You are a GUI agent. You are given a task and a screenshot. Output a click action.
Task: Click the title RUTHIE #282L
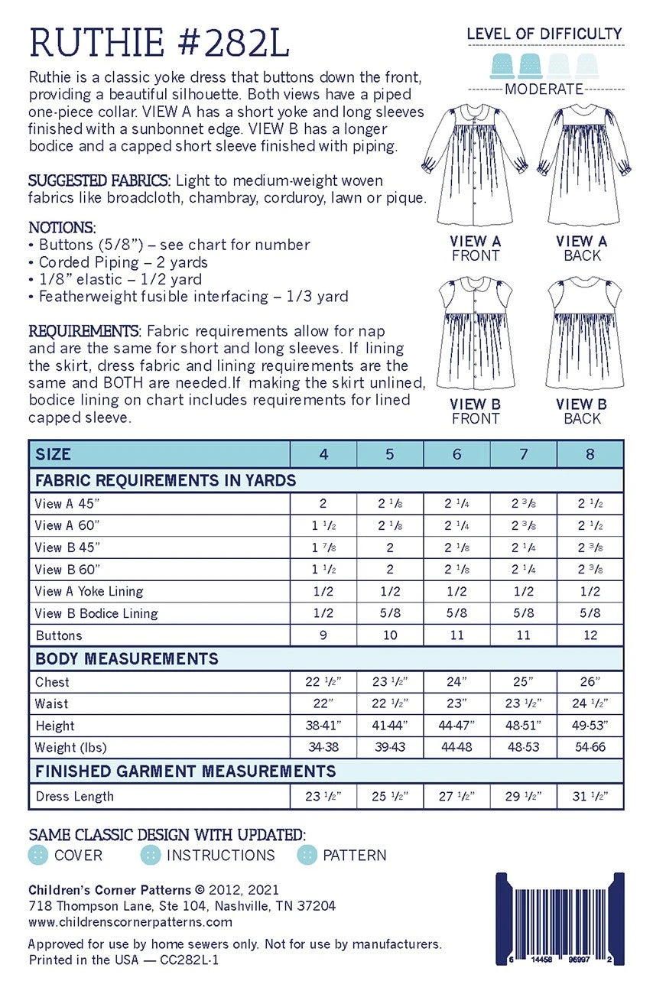point(159,43)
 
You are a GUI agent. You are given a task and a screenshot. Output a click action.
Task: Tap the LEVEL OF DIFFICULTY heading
point(544,34)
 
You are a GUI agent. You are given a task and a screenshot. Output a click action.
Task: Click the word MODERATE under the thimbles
point(544,89)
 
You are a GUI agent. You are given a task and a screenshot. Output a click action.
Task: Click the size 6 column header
point(457,454)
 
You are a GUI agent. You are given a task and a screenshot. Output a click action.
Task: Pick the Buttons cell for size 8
point(590,635)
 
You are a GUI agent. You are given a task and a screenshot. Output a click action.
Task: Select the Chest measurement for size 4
point(323,682)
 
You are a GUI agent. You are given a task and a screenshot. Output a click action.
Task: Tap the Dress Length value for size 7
point(524,796)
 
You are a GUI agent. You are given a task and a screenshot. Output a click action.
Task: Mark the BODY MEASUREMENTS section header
point(127,658)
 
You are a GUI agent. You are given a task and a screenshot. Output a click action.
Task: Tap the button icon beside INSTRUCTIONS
point(151,855)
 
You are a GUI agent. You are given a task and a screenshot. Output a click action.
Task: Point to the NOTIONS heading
point(62,227)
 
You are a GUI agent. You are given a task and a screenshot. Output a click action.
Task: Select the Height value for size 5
point(390,726)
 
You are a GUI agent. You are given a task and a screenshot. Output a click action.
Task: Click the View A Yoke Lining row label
point(89,591)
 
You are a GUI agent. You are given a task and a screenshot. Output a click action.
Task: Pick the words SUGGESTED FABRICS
point(99,181)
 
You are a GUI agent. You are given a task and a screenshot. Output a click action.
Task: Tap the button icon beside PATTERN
point(307,855)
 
